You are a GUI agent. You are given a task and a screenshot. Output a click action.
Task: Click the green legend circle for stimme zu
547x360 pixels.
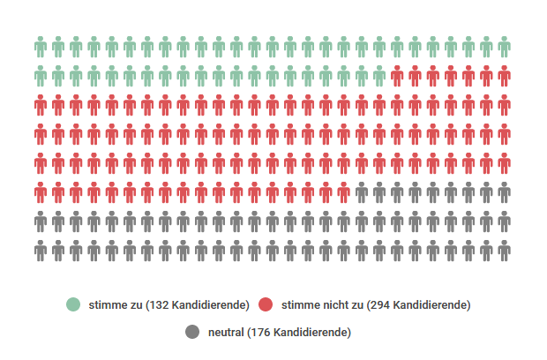[73, 305]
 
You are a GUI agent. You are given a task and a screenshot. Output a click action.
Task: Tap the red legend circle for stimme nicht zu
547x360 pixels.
[266, 305]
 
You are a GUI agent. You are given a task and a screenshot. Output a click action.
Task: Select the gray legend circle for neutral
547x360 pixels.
[192, 332]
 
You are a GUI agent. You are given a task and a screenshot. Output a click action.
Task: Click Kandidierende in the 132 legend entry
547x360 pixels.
[209, 305]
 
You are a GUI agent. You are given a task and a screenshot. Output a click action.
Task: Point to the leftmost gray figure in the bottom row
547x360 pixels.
[41, 251]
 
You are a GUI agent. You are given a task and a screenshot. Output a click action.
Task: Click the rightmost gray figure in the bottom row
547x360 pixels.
[504, 251]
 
